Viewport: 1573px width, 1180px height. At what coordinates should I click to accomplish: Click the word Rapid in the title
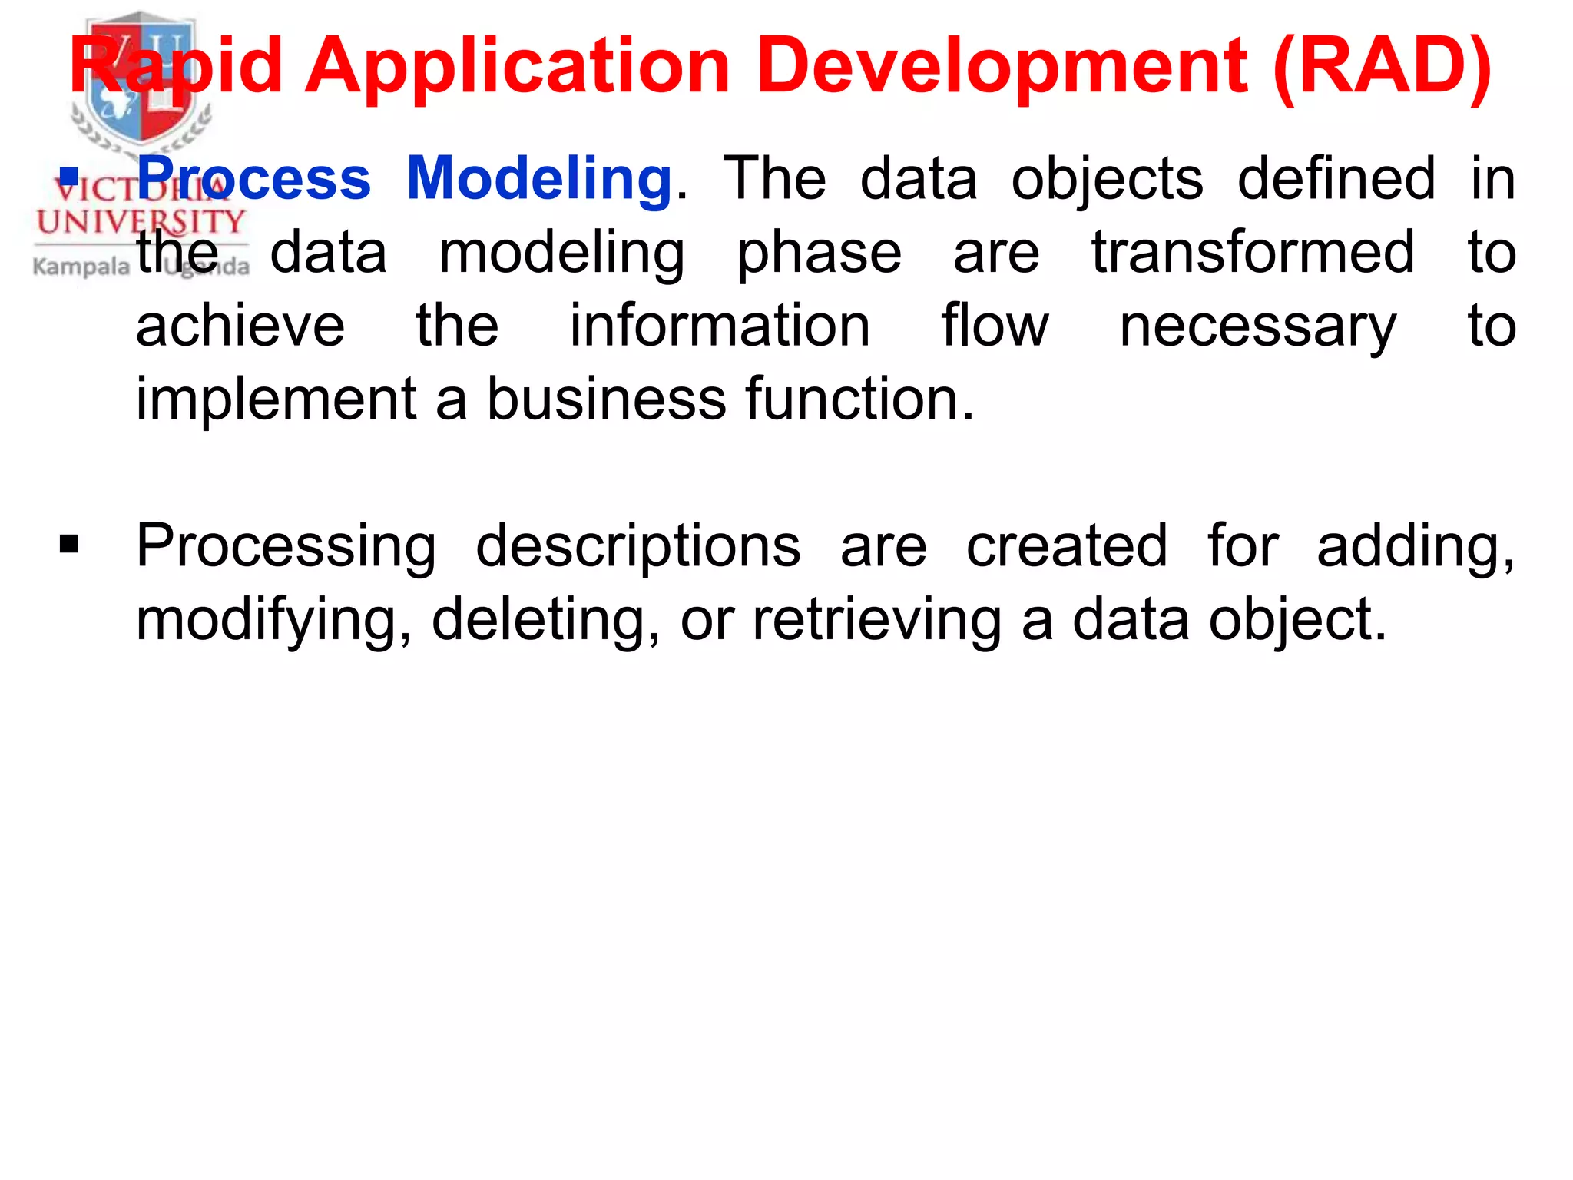click(x=176, y=67)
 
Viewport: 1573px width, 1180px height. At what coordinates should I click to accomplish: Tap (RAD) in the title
click(x=1382, y=67)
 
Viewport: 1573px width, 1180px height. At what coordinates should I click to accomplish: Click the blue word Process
click(x=254, y=179)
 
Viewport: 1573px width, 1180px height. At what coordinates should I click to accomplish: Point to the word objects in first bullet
click(x=1107, y=179)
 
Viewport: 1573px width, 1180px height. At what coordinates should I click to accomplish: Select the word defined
click(x=1336, y=179)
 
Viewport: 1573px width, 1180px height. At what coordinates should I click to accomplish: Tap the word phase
click(x=819, y=254)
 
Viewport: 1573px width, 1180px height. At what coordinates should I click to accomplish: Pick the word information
click(x=720, y=326)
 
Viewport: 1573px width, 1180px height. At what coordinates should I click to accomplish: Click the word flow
click(x=995, y=326)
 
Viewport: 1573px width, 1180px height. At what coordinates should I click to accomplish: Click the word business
click(x=606, y=399)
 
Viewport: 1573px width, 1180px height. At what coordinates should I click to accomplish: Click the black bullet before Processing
click(x=69, y=545)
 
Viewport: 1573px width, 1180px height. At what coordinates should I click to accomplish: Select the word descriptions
click(x=637, y=546)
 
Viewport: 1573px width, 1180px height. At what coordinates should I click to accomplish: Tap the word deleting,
click(x=545, y=619)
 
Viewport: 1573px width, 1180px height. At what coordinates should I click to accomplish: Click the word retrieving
click(x=876, y=621)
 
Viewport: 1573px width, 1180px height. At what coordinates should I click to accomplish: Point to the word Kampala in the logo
click(x=81, y=267)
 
